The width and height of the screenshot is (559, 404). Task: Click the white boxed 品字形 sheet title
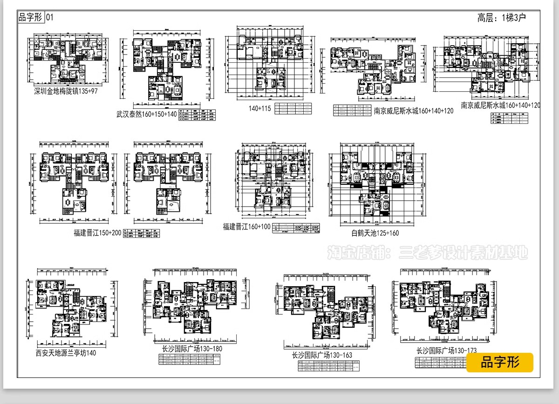pos(30,17)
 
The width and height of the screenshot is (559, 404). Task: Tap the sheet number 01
pos(50,17)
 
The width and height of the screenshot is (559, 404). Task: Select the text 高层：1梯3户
pos(501,18)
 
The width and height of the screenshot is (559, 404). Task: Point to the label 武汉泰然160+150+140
pos(147,114)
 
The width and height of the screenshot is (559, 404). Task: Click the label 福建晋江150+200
pos(97,233)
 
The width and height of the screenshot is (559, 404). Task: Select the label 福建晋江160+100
pos(246,227)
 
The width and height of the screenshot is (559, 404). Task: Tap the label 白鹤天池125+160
pos(375,233)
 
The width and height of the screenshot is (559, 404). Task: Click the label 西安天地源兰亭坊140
pos(66,353)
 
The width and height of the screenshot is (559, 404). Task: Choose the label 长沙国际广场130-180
pos(191,349)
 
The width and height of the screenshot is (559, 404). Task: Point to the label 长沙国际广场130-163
pos(321,355)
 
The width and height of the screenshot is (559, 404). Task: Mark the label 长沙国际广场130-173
pos(446,350)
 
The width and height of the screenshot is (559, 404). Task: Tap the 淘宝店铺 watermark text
pos(428,253)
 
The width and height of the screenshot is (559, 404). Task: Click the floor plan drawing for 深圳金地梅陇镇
pos(67,58)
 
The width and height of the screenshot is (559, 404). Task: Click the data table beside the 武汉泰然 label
pos(198,115)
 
